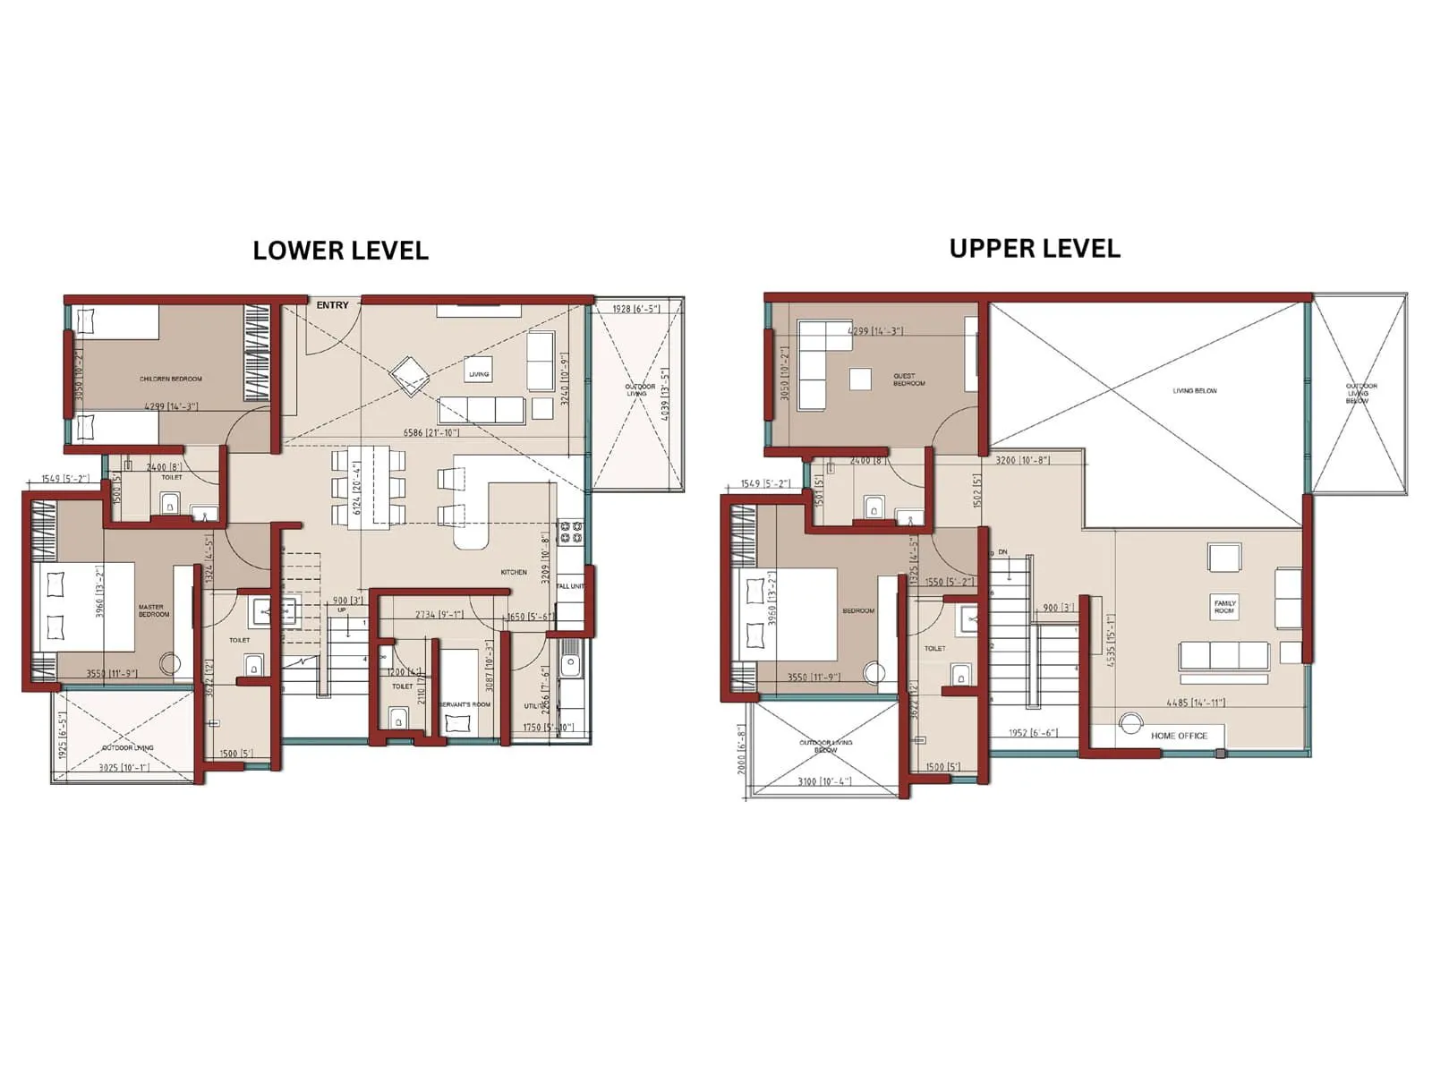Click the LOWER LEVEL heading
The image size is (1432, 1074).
pos(340,251)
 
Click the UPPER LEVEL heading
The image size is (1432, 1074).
pos(1034,248)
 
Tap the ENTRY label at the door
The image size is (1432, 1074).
pos(332,305)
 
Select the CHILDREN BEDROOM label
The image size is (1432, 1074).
pos(171,379)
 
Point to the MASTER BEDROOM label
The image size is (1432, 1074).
pos(153,610)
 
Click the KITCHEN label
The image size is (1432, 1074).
pos(514,572)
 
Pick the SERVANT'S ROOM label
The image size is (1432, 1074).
pos(465,704)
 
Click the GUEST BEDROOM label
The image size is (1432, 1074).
pos(908,379)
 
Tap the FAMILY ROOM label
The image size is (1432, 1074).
pos(1224,607)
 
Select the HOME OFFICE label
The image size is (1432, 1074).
pos(1179,736)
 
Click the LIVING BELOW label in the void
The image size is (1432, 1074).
pos(1195,391)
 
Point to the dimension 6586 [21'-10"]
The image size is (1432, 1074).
pos(430,433)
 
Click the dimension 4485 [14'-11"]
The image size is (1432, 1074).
pos(1196,703)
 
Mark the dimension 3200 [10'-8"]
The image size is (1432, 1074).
pos(1022,460)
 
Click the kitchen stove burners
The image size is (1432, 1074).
pos(571,533)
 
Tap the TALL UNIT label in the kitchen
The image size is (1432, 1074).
pos(570,586)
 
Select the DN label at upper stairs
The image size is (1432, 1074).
pos(1002,552)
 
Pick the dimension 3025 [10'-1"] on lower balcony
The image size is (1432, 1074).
pos(124,767)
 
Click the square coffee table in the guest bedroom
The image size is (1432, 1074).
pos(860,379)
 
